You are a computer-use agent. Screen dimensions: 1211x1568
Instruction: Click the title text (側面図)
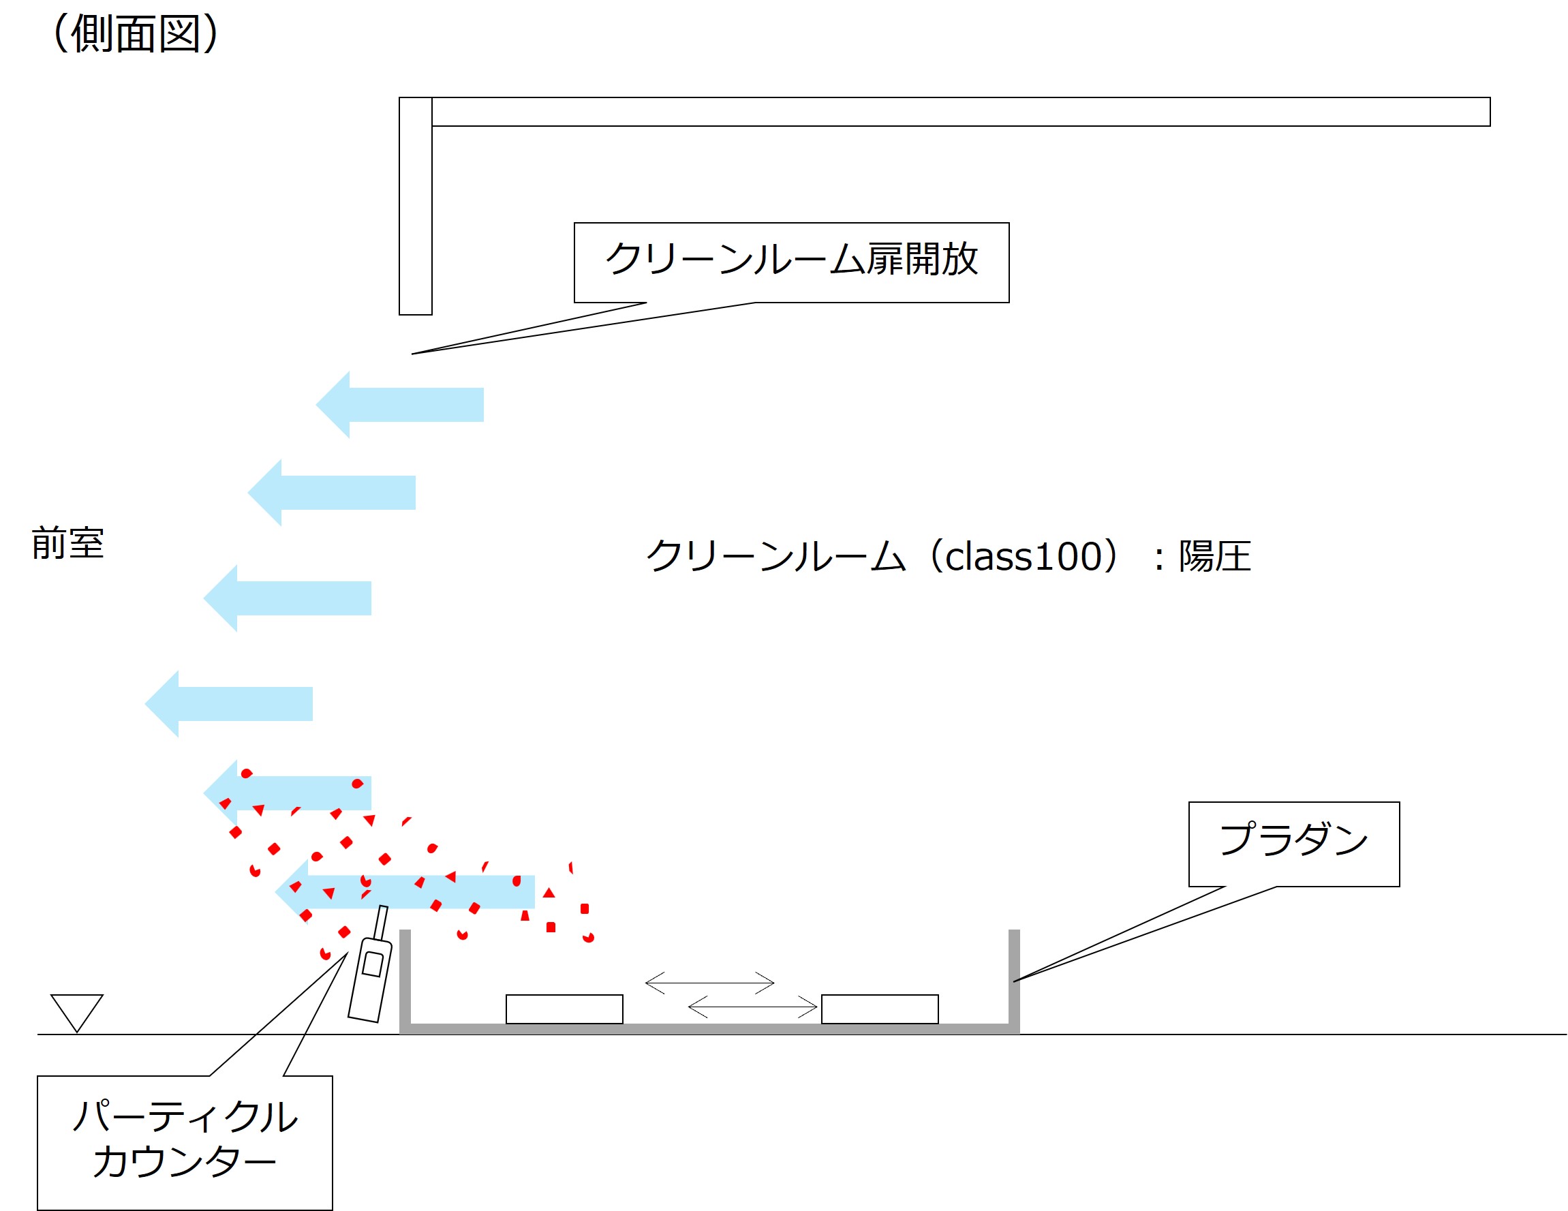tap(135, 34)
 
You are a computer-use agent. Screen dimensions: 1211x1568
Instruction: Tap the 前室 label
tap(68, 543)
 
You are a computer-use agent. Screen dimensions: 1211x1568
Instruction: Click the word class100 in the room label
tap(1023, 556)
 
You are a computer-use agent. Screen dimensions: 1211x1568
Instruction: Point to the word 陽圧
tap(1215, 556)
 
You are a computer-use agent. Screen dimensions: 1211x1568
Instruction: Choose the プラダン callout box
tap(1294, 844)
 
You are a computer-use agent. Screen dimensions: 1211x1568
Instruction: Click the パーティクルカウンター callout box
tap(185, 1142)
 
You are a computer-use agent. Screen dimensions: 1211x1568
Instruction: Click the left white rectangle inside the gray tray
tap(564, 1009)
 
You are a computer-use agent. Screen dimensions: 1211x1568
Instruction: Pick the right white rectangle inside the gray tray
tap(880, 1009)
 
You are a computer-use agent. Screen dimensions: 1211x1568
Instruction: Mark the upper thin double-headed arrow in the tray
tap(709, 983)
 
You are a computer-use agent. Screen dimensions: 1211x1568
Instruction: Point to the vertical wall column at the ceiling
tap(416, 206)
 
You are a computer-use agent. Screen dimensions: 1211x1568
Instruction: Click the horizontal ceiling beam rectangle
tap(961, 112)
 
